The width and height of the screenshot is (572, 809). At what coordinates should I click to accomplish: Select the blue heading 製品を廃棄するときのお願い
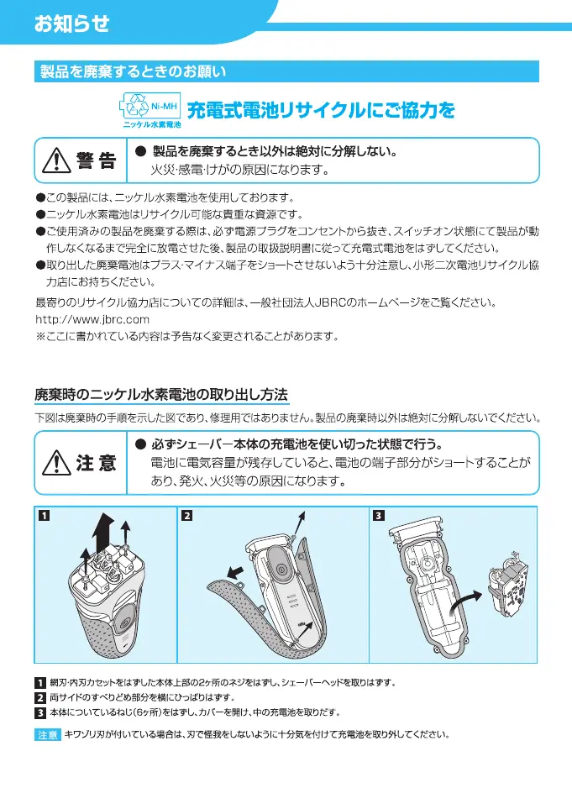pyautogui.click(x=134, y=72)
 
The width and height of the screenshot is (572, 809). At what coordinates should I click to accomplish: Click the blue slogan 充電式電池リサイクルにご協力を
pyautogui.click(x=320, y=110)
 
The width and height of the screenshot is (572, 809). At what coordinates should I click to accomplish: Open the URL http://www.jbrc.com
pyautogui.click(x=92, y=320)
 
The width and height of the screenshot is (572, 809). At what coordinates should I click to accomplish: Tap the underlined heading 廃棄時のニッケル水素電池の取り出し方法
pyautogui.click(x=161, y=393)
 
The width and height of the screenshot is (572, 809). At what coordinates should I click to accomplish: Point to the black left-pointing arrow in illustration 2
pyautogui.click(x=238, y=572)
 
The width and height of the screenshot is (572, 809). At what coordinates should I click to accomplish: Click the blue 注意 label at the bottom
pyautogui.click(x=47, y=735)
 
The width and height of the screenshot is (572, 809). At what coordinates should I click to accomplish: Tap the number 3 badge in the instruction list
pyautogui.click(x=39, y=713)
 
